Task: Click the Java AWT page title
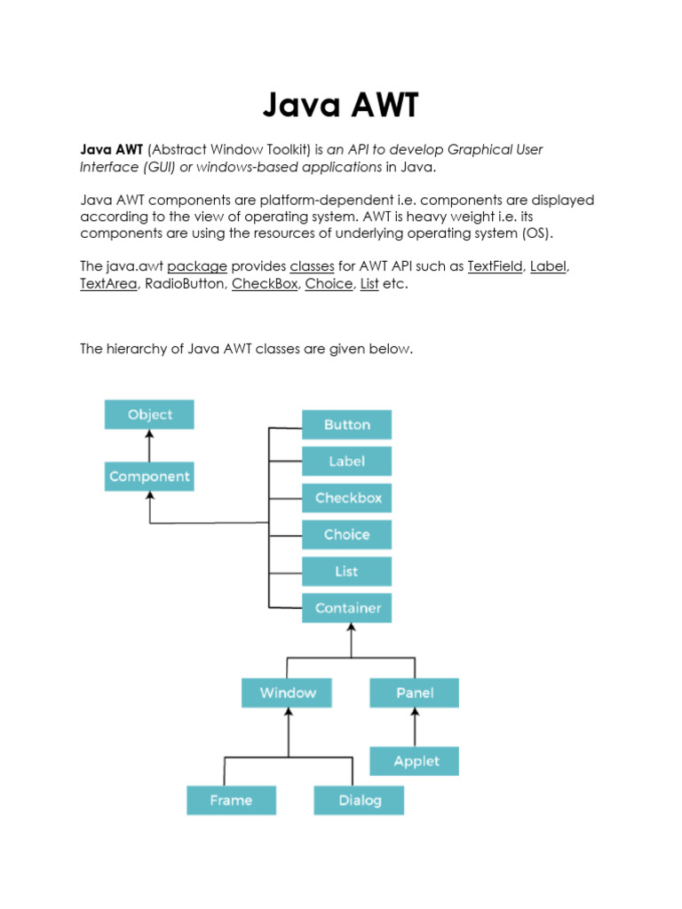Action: [x=340, y=107]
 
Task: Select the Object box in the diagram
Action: [x=149, y=415]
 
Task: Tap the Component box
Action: [x=149, y=477]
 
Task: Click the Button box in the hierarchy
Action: [x=346, y=424]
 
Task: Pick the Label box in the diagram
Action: [x=346, y=462]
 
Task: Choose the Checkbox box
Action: [x=347, y=498]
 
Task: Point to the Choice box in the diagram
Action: [x=346, y=534]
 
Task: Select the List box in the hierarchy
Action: [x=346, y=572]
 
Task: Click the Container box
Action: [x=347, y=608]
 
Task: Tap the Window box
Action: [x=287, y=692]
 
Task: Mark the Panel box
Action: [x=415, y=692]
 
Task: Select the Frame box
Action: [x=231, y=800]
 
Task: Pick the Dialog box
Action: [x=359, y=800]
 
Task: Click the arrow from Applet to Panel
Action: [x=415, y=727]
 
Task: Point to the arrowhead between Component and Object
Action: [x=149, y=435]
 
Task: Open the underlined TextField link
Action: [x=495, y=266]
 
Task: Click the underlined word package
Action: [x=197, y=266]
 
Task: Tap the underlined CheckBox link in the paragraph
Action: [x=265, y=285]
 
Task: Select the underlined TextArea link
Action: [x=108, y=285]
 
